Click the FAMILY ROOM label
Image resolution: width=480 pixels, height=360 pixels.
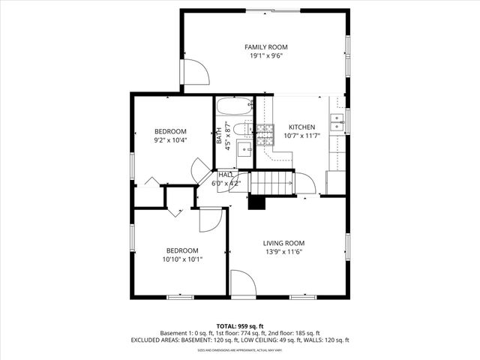266,47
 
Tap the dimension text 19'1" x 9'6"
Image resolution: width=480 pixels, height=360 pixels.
266,55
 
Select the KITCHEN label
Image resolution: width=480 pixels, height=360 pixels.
302,127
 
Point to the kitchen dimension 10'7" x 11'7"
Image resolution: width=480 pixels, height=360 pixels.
302,136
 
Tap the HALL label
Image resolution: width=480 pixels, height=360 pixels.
225,175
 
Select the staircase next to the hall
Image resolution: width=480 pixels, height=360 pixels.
271,181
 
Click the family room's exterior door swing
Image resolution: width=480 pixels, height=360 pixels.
197,73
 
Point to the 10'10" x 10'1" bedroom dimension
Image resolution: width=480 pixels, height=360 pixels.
182,259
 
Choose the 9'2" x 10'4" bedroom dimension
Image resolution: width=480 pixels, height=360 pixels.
170,139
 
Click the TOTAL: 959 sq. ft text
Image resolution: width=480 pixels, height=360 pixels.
240,326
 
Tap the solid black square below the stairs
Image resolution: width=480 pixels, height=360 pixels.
258,202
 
